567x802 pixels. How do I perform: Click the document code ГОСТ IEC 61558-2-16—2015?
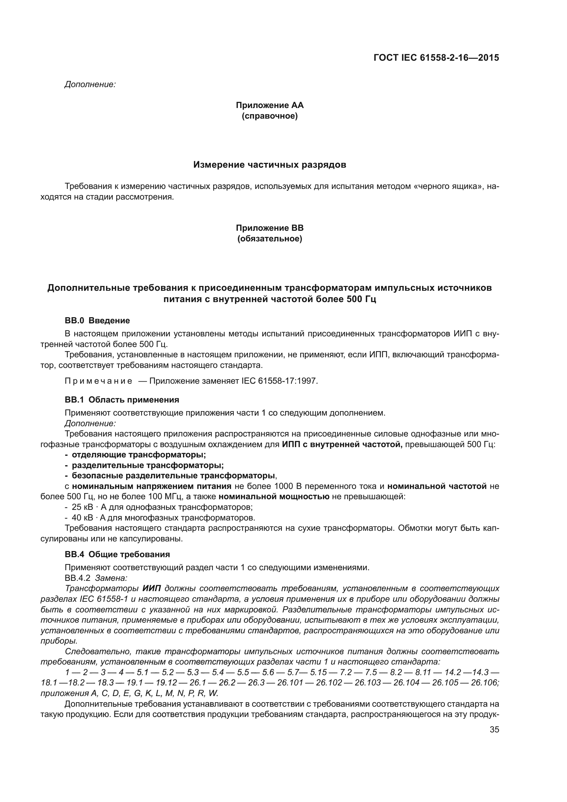[436, 58]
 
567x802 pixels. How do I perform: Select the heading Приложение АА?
[269, 105]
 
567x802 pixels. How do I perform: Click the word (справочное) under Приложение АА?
[269, 116]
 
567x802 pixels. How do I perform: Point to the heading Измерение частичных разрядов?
[269, 165]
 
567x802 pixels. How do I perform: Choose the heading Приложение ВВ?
[269, 228]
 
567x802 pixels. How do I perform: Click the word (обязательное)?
[269, 239]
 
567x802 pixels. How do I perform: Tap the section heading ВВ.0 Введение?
[97, 321]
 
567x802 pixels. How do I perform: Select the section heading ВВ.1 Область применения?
[122, 399]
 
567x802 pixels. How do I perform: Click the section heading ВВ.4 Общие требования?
[117, 554]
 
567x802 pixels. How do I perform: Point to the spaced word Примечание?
[98, 381]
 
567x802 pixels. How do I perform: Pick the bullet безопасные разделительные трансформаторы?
[173, 476]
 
